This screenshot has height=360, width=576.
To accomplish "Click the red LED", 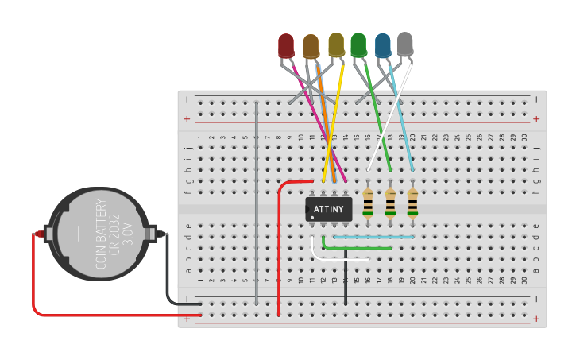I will [286, 45].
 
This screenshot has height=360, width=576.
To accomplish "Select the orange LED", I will [311, 46].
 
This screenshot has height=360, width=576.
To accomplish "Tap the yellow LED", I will [336, 45].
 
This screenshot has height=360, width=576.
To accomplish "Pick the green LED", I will [358, 45].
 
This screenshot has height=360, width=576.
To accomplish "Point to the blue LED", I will [383, 45].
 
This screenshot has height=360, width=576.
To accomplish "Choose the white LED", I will [405, 44].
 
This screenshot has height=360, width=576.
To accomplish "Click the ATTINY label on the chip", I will [329, 210].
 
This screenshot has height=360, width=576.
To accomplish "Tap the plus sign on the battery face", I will [78, 234].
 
